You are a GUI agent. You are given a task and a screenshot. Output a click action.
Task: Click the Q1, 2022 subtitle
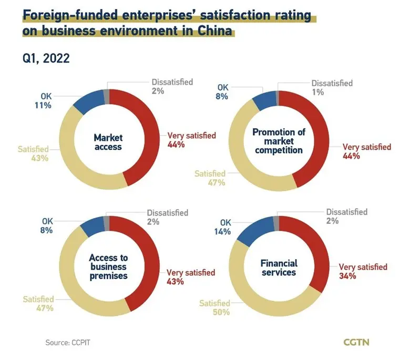[46, 57]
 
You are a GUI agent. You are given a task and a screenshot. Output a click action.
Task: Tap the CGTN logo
[356, 342]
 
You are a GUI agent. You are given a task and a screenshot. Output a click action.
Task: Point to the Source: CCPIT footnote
[71, 343]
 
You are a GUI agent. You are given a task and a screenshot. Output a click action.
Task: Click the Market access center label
[108, 142]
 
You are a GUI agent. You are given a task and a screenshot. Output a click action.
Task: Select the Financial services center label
[278, 267]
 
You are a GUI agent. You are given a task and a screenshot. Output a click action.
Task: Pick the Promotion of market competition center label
[278, 140]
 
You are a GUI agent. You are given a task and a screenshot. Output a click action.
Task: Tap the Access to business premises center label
[108, 266]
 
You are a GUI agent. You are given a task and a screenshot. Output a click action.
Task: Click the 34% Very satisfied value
[347, 276]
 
